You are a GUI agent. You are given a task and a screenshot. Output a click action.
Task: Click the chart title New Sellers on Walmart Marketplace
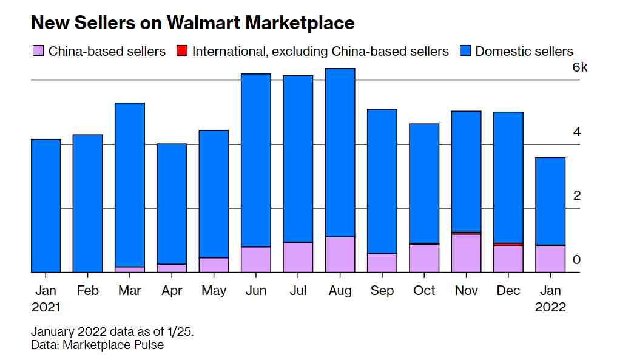(192, 23)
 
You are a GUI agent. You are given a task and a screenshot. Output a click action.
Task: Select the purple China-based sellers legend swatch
(38, 51)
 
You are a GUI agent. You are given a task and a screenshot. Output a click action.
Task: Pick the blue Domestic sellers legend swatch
(465, 51)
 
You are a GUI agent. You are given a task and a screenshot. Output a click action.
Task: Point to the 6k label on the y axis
(580, 67)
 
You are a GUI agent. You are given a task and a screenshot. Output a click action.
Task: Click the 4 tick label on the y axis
(577, 132)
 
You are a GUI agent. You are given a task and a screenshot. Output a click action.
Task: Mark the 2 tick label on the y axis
(577, 195)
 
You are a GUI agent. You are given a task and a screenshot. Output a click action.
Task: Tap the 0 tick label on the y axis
(577, 260)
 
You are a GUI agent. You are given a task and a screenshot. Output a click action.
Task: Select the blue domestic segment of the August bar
(340, 152)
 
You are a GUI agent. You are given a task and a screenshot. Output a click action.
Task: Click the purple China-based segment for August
(340, 254)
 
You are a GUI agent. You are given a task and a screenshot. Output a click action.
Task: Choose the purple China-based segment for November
(466, 253)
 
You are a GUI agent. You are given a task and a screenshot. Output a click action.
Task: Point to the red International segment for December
(508, 244)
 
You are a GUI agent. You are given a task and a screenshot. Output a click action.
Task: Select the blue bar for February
(87, 203)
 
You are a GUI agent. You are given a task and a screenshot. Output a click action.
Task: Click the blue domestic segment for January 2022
(550, 201)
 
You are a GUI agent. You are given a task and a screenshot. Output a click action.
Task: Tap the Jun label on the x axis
(256, 291)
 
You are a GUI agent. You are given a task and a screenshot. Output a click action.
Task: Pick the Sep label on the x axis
(382, 291)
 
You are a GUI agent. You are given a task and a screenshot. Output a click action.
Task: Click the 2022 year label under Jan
(550, 307)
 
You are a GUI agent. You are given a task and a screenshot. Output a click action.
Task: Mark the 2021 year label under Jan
(46, 307)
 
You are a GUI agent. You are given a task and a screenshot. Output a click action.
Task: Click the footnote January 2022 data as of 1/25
(112, 332)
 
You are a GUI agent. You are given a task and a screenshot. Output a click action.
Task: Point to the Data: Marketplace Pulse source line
(97, 345)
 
